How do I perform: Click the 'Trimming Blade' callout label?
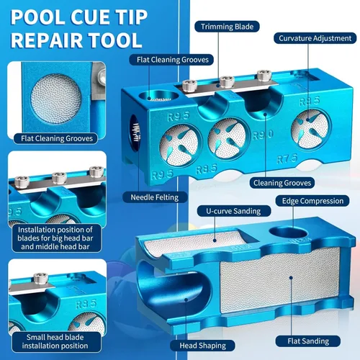(x=227, y=27)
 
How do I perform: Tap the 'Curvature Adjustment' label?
(x=315, y=38)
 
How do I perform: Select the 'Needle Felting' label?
(x=155, y=197)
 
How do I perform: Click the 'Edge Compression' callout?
(x=312, y=201)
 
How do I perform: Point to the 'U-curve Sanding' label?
(x=233, y=211)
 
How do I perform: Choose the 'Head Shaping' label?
(x=202, y=346)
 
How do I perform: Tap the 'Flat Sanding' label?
(x=308, y=341)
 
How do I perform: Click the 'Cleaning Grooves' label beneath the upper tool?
(x=282, y=183)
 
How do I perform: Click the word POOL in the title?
(x=37, y=17)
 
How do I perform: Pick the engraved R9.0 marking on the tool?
(x=263, y=135)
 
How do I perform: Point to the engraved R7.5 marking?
(x=287, y=158)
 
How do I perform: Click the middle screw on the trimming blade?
(x=227, y=82)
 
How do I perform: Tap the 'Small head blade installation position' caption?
(x=55, y=341)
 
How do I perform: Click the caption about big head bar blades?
(x=55, y=238)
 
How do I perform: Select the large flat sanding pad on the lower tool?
(x=280, y=280)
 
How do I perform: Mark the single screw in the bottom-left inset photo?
(x=41, y=279)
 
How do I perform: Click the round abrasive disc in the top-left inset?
(x=56, y=99)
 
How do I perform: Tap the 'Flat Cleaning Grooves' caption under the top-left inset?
(x=57, y=138)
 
